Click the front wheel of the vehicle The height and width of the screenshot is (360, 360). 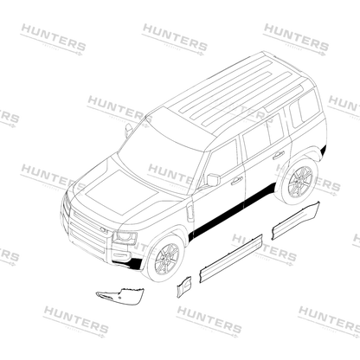coord(166,259)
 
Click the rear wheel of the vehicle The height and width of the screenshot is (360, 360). coord(299,181)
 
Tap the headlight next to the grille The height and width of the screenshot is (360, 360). coord(125,237)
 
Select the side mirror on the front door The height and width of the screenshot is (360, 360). coord(213,180)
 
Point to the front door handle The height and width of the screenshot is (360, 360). coord(236,181)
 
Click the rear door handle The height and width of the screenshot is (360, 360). coord(279,155)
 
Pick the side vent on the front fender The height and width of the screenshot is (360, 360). coord(190,213)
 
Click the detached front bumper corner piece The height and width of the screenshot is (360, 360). coord(121,296)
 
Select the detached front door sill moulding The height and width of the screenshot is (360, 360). coord(231,258)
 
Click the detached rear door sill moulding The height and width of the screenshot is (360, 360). coord(296,221)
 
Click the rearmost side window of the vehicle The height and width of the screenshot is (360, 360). coord(305,109)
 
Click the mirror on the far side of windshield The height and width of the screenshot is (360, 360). coord(128,130)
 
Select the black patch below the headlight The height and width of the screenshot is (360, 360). coord(135,263)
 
